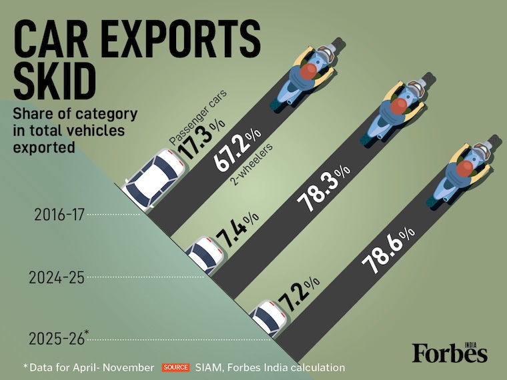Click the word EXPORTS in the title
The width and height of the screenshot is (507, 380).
tap(180, 39)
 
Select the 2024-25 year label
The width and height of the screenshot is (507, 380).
tap(56, 277)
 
